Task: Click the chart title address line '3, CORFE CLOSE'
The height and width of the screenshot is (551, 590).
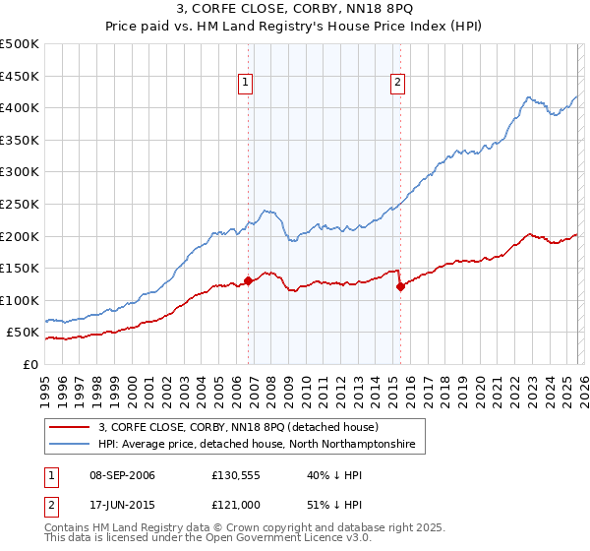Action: pos(294,10)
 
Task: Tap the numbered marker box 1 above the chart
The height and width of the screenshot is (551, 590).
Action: pos(245,84)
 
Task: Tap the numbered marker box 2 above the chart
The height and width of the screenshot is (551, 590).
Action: pos(398,84)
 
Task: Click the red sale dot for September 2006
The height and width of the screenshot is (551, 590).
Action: pos(248,280)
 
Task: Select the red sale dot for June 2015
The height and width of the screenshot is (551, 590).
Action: pos(400,286)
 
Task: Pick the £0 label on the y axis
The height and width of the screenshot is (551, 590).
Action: pos(29,364)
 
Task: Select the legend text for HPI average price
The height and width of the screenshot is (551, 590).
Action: pos(257,445)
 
